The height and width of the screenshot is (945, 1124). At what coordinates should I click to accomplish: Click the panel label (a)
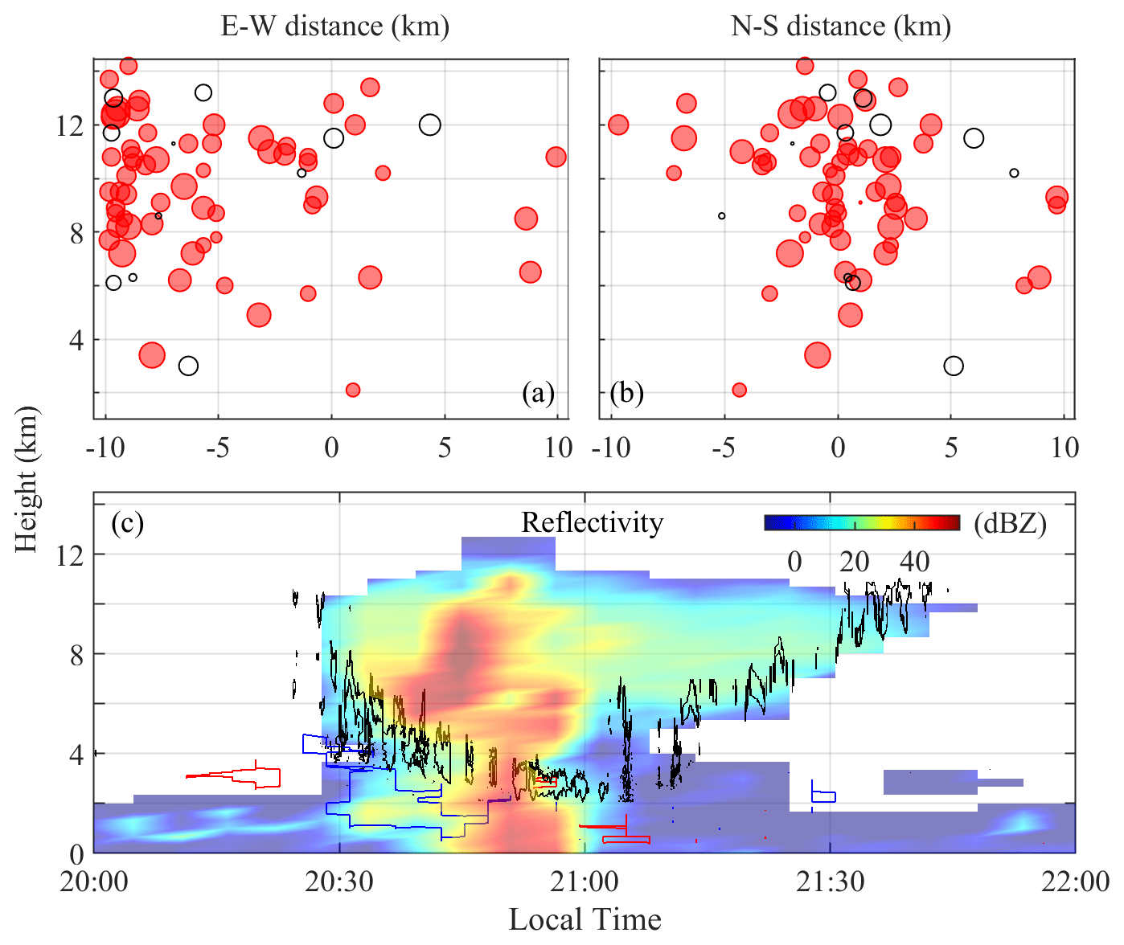(538, 394)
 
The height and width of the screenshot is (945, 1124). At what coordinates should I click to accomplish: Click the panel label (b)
(627, 394)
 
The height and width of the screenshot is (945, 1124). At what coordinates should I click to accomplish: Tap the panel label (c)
(127, 523)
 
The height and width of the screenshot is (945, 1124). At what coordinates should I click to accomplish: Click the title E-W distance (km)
(334, 27)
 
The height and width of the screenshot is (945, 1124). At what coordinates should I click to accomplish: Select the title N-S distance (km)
(841, 27)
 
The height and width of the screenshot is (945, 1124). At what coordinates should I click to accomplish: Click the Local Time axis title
(585, 918)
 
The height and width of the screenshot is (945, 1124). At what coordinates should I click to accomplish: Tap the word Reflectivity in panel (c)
(592, 523)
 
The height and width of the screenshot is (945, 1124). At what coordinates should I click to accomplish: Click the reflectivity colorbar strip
(862, 522)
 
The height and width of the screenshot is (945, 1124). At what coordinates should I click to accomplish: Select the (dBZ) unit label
(1011, 524)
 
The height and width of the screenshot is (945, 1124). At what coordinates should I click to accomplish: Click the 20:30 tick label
(339, 882)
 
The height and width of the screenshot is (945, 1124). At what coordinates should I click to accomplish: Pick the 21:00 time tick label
(585, 882)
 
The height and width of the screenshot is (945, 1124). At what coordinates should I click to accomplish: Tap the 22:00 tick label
(1075, 882)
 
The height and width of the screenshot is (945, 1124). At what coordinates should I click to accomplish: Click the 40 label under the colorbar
(914, 562)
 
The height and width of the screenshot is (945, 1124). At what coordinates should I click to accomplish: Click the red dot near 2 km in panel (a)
(352, 390)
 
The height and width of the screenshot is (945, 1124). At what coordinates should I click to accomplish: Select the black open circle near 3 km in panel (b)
(954, 366)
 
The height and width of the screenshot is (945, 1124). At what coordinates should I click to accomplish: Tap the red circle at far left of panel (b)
(617, 125)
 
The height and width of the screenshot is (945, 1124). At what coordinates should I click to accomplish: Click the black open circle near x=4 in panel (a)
(430, 125)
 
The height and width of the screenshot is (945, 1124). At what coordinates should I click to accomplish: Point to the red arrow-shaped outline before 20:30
(241, 776)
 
